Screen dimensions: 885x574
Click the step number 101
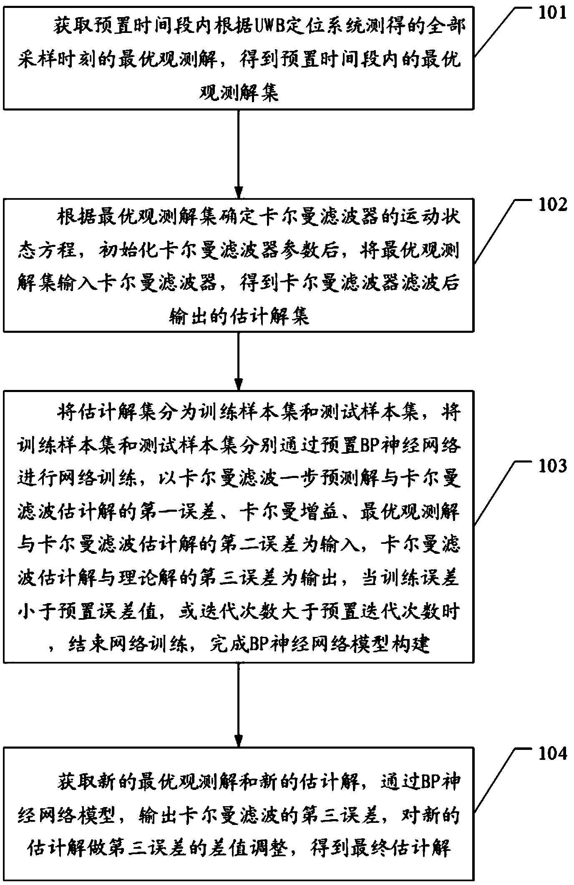[551, 13]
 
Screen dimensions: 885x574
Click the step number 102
[551, 205]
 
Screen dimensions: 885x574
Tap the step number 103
[551, 466]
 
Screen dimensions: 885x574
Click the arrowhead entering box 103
[239, 384]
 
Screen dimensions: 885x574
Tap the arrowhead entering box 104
[239, 740]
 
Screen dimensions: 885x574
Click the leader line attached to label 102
[496, 229]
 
